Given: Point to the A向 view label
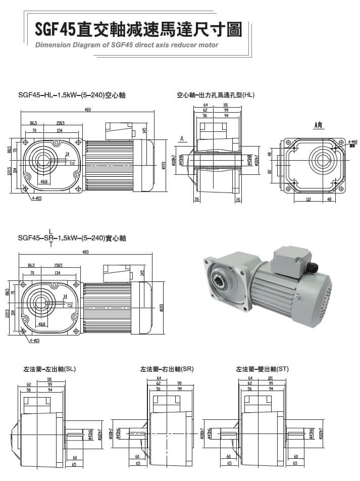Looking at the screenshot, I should [x=318, y=124].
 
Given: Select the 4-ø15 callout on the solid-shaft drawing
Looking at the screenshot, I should [x=35, y=341].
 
